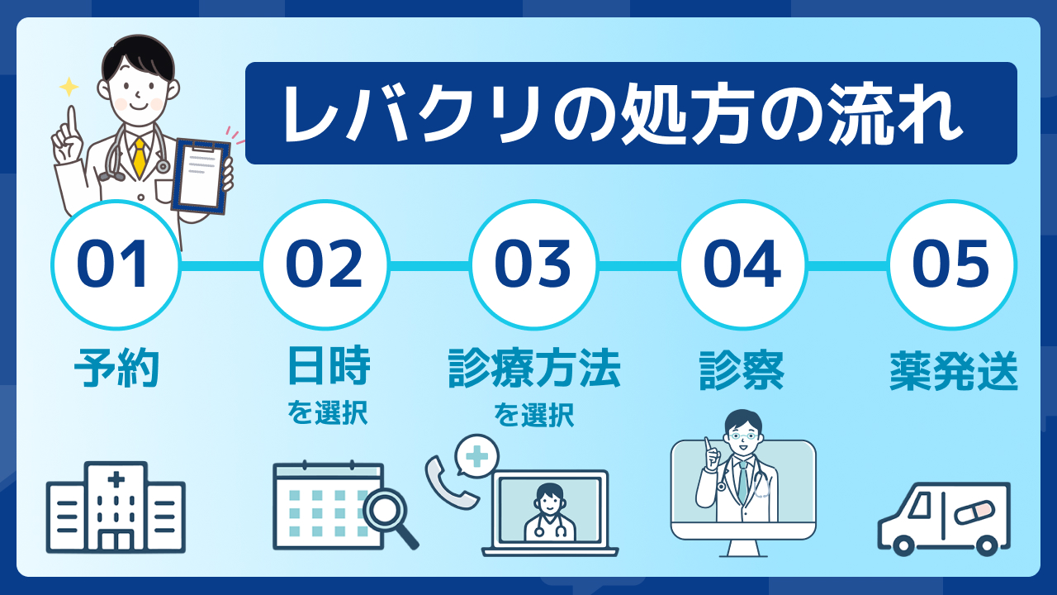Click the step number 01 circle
(116, 264)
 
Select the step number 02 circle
(325, 264)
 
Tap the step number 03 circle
(533, 264)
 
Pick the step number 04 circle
(742, 264)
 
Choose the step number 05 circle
(952, 264)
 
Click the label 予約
(116, 369)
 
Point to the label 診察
(742, 370)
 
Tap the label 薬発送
(954, 371)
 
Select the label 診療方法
(534, 369)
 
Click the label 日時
(329, 365)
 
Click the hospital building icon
(116, 507)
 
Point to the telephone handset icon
(451, 483)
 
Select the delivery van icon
(944, 518)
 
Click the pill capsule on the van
(974, 512)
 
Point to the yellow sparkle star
(69, 87)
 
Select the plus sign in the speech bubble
(476, 456)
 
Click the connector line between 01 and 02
(220, 266)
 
